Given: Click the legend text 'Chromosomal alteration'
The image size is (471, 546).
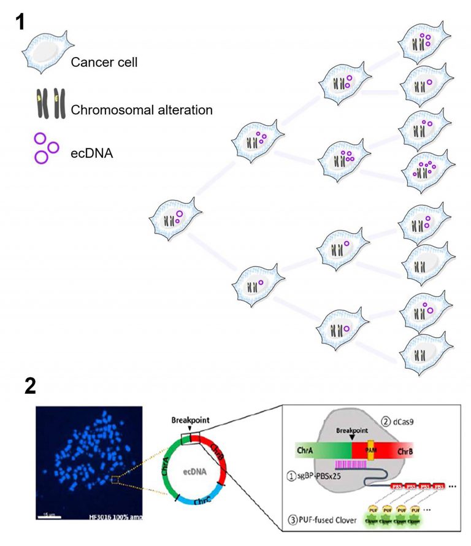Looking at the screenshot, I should (x=142, y=110).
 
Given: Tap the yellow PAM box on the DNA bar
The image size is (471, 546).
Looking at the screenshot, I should (x=371, y=457).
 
